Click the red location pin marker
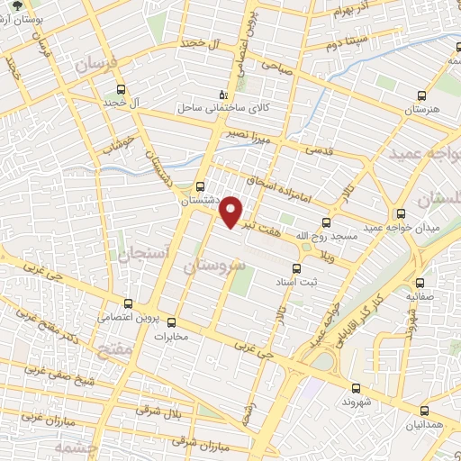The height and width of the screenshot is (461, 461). [232, 211]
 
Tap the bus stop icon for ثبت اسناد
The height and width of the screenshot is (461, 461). [298, 267]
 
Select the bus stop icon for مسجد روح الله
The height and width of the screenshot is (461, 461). [326, 223]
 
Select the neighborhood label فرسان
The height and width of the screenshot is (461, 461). [96, 66]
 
